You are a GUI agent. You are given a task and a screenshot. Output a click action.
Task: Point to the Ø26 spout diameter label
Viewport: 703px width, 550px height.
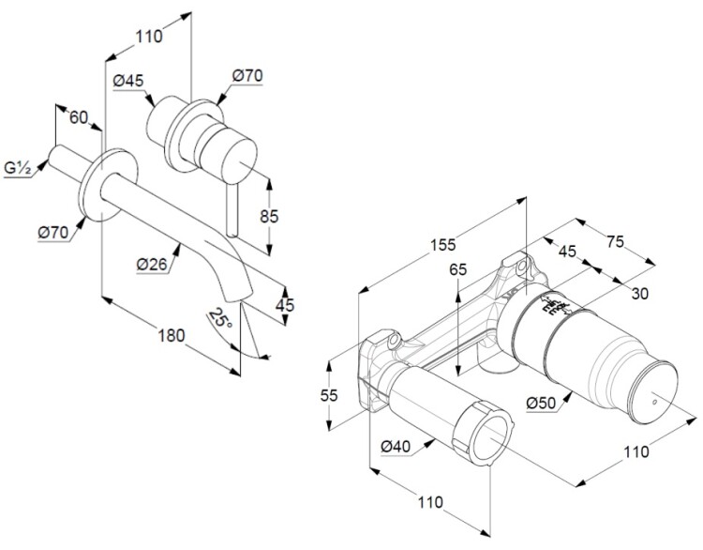[152, 266]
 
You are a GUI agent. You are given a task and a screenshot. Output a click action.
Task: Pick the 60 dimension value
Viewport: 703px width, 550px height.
[79, 118]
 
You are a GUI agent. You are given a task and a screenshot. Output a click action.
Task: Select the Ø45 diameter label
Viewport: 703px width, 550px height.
[127, 81]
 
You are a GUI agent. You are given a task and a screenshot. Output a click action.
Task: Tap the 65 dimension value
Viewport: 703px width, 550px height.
[457, 269]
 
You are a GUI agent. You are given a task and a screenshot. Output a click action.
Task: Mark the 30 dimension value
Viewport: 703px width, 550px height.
[639, 294]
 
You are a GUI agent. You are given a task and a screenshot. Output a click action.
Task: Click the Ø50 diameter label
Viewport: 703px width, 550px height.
[543, 403]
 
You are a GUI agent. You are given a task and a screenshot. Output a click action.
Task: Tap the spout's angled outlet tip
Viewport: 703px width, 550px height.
[242, 295]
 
